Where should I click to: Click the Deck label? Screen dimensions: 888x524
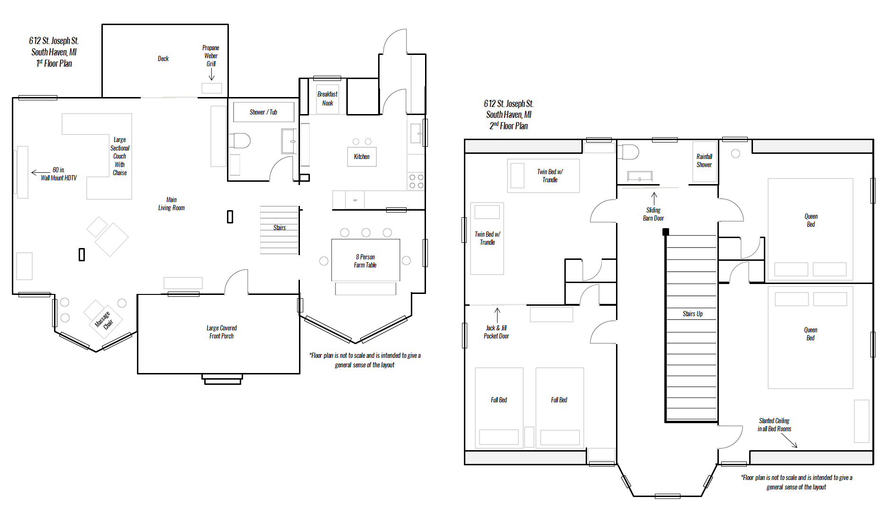coord(163,59)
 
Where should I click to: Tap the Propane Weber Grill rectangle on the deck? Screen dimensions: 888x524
coord(212,88)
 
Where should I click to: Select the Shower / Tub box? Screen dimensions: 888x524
coord(263,112)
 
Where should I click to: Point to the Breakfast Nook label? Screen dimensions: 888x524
coord(327,98)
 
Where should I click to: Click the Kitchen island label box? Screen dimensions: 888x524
coord(362,157)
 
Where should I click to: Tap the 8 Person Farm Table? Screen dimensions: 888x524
coord(365,261)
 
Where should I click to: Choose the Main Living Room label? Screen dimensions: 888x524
coord(172,204)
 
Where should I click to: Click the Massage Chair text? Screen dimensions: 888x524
coord(104,320)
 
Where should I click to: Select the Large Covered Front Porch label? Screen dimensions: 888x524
coord(222,332)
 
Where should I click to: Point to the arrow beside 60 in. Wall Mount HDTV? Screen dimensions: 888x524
coord(41,173)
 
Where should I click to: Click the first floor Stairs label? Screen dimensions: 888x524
coord(280,228)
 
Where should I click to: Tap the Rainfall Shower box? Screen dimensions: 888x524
coord(704,161)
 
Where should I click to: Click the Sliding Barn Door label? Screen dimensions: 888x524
coord(653,214)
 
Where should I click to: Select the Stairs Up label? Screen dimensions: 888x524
coord(693,314)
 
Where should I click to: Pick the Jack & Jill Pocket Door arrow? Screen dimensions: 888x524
coord(498,314)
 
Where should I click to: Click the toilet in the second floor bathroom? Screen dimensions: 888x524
coord(628,152)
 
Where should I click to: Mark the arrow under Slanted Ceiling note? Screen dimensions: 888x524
coord(789,441)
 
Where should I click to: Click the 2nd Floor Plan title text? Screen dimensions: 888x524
coord(508,126)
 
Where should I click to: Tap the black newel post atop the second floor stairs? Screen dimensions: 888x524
coord(666,232)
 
